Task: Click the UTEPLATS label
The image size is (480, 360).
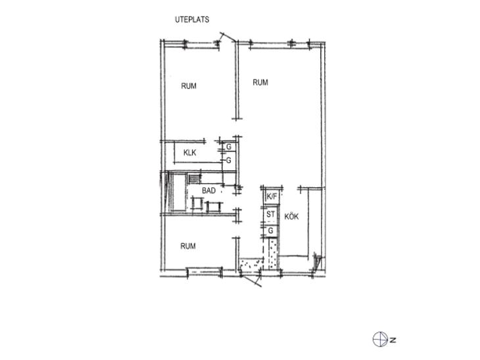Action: click(x=192, y=20)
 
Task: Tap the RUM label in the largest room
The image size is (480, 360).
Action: click(x=260, y=82)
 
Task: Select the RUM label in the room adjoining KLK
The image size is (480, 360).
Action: click(x=189, y=86)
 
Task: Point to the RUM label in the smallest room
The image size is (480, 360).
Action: click(x=188, y=246)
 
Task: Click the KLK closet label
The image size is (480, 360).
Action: click(x=190, y=152)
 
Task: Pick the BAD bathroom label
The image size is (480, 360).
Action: click(x=209, y=191)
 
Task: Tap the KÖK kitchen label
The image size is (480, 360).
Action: click(x=291, y=217)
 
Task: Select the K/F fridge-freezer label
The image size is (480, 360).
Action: click(x=272, y=196)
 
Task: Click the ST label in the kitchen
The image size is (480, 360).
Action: click(x=271, y=214)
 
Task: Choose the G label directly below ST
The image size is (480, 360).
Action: click(x=271, y=231)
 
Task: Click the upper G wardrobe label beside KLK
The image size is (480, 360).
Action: click(x=229, y=147)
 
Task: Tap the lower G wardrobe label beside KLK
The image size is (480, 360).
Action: click(x=229, y=160)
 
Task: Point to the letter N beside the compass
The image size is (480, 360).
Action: click(x=393, y=340)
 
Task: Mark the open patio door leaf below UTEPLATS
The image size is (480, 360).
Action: click(x=228, y=37)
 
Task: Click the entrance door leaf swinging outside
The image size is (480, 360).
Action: click(x=251, y=281)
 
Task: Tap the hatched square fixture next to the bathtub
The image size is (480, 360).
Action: click(x=194, y=178)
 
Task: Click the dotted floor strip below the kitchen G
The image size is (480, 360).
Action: click(x=273, y=254)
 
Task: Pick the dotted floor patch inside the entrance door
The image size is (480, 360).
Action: click(x=251, y=265)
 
